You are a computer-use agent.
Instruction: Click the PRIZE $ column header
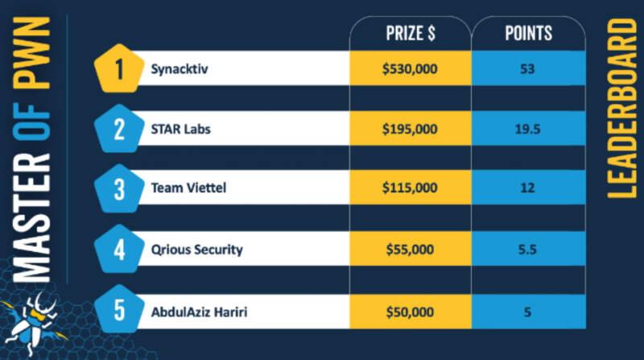[411, 33]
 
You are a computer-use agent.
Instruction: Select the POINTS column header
[528, 33]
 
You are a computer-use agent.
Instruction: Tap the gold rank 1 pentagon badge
[119, 68]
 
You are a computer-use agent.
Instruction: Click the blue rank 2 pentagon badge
[119, 129]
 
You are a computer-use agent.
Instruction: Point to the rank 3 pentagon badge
[119, 188]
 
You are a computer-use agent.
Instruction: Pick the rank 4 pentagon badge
[119, 249]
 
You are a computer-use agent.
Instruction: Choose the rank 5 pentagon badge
[119, 309]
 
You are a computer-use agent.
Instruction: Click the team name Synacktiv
[180, 69]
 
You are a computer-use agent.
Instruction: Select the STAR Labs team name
[180, 129]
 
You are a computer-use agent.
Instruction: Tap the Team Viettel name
[188, 188]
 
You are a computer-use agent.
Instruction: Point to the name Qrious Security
[196, 250]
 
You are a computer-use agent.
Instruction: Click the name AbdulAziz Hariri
[199, 312]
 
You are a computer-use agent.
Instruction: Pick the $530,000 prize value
[410, 68]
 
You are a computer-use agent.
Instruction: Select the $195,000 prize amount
[410, 129]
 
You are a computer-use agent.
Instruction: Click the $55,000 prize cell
[410, 250]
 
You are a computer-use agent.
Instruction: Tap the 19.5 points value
[528, 130]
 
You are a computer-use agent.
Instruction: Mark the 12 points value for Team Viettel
[528, 188]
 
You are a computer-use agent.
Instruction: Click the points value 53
[528, 68]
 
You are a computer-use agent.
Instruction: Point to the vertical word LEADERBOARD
[621, 109]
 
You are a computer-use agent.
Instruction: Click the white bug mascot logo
[35, 324]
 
